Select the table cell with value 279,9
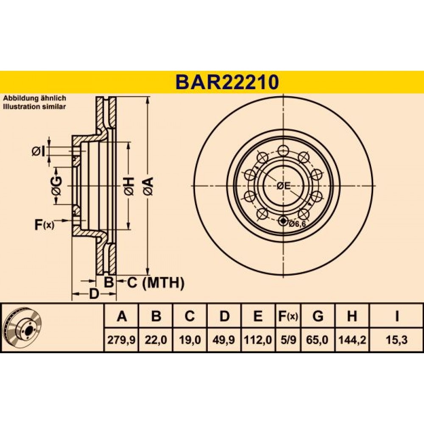coord(121,340)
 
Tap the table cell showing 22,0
coord(156,340)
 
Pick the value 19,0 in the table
coord(190,340)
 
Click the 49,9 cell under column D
coord(224,340)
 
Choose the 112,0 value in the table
coord(258,340)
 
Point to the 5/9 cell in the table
coord(288,340)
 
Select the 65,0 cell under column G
coord(318,340)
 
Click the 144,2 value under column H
coord(352,340)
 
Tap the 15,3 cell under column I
coord(396,340)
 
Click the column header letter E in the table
coord(258,316)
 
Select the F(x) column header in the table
coord(288,316)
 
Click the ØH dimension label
coord(129,187)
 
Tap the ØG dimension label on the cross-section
coord(56,186)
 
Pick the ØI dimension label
coord(39,152)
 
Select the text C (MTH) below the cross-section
coord(156,283)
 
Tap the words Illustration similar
coord(34,106)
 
